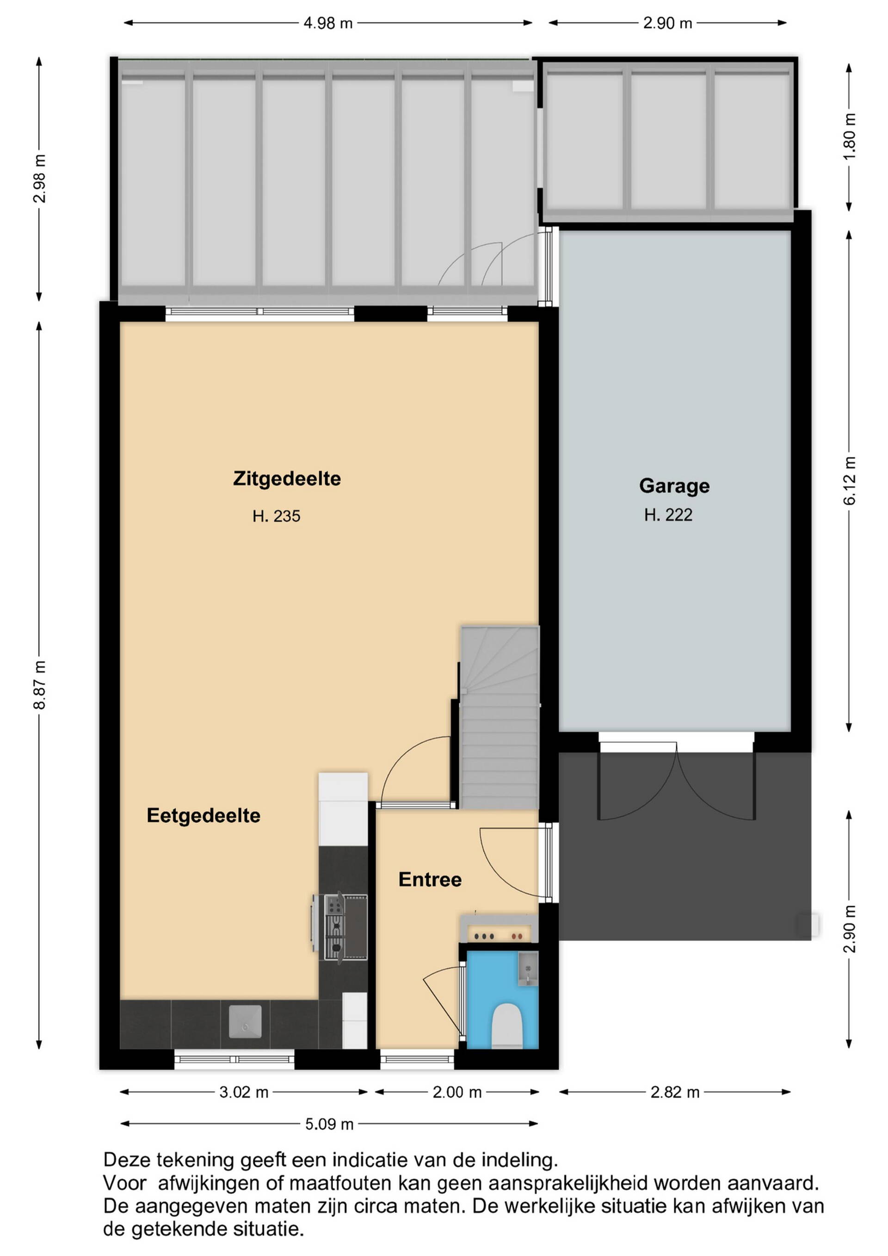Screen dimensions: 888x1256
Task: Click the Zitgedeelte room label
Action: [x=287, y=479]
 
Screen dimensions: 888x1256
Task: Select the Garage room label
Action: [x=674, y=486]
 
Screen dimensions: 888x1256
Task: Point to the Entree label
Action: [x=430, y=880]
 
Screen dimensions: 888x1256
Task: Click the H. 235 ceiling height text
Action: [x=276, y=516]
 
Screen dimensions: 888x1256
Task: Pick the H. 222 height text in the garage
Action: [x=668, y=515]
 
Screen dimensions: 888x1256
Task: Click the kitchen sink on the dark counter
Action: [x=245, y=1021]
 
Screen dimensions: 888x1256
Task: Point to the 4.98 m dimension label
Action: [x=328, y=24]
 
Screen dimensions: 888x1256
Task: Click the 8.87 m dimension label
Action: [x=40, y=685]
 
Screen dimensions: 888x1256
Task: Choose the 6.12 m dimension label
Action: [x=850, y=480]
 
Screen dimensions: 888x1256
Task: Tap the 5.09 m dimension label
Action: [x=329, y=1124]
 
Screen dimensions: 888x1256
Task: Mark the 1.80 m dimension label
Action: [x=850, y=136]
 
